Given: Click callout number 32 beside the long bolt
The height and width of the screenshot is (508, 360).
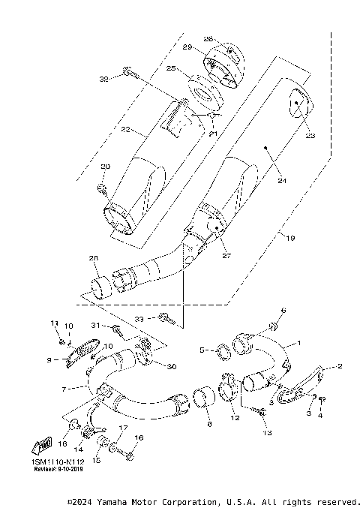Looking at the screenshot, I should (x=104, y=78).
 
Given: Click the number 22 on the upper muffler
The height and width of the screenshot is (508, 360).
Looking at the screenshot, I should (x=127, y=129).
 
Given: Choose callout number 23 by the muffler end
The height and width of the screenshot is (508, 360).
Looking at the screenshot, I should (x=310, y=136).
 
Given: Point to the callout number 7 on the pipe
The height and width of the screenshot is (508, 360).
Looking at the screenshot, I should (x=64, y=389).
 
